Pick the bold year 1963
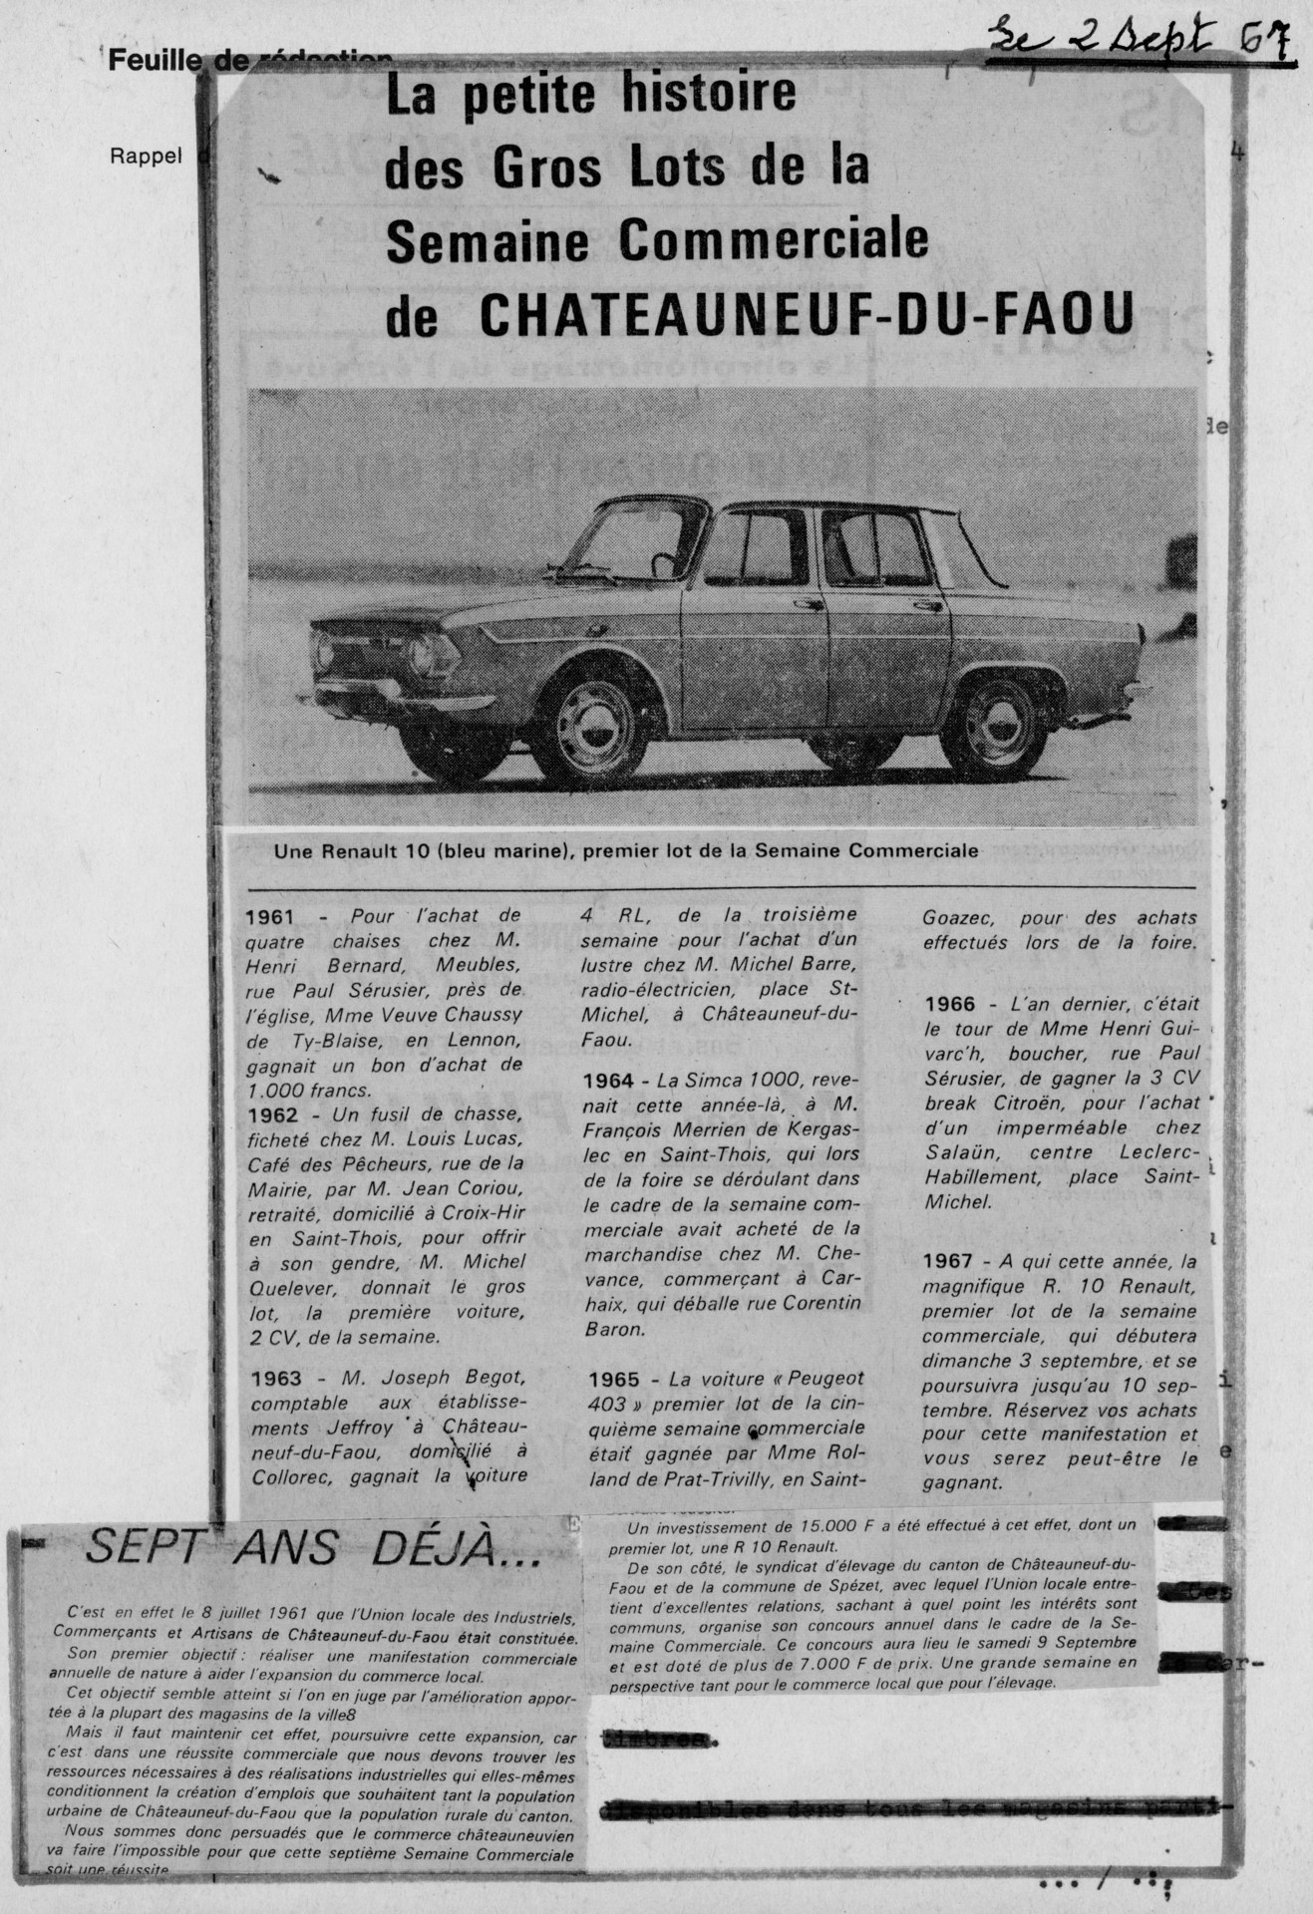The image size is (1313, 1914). pyautogui.click(x=276, y=1379)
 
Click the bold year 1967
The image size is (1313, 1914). pyautogui.click(x=951, y=1262)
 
